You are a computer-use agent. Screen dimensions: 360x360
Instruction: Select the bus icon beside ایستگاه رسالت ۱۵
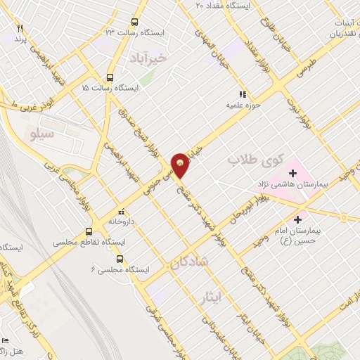coord(109,78)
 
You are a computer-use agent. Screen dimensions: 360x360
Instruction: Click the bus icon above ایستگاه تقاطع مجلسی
coord(89,231)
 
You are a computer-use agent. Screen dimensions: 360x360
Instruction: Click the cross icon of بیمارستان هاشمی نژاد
coord(292,172)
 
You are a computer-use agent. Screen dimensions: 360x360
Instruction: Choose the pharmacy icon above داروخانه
coord(120,210)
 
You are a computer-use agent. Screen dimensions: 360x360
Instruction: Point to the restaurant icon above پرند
coord(20,28)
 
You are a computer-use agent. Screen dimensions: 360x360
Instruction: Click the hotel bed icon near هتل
coord(5,339)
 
